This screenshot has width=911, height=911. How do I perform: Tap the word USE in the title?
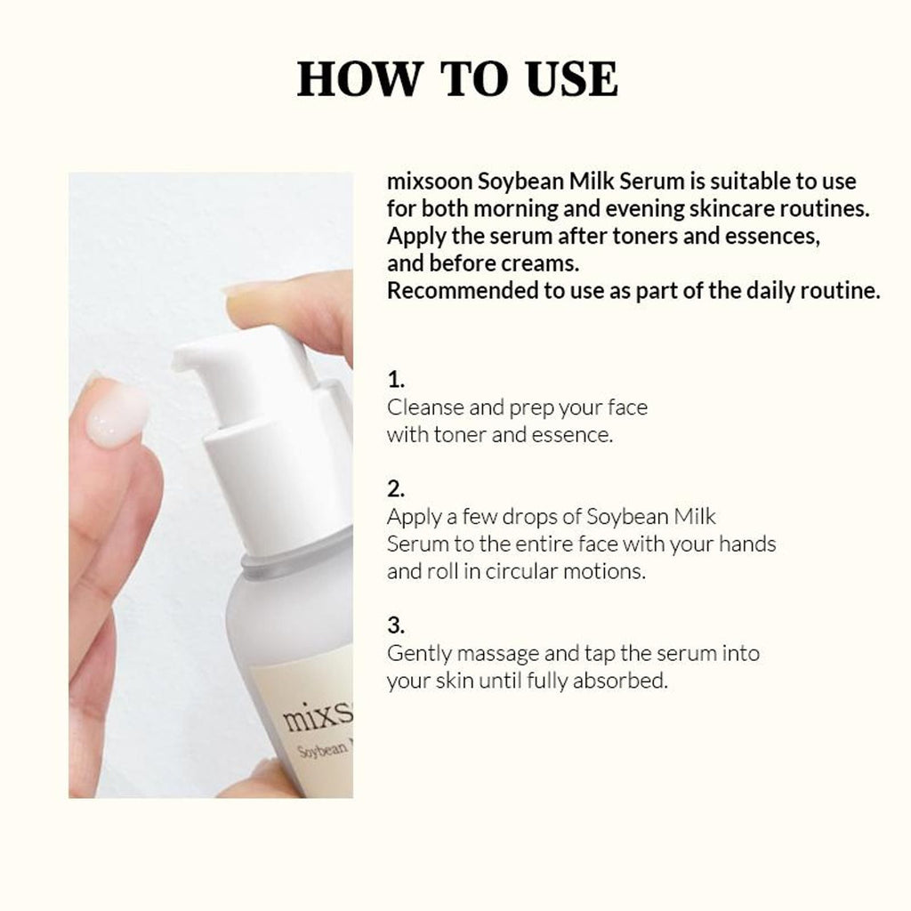pos(571,78)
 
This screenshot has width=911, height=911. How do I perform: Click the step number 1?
pos(396,380)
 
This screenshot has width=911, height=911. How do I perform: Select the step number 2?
pos(396,489)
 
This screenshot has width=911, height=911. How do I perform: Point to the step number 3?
pos(396,625)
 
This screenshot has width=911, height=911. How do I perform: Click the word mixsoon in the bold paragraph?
pos(430,181)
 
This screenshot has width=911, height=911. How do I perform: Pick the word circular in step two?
pos(521,571)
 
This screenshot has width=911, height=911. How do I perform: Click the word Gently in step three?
pos(420,654)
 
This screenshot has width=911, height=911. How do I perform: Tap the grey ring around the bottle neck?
pos(296,559)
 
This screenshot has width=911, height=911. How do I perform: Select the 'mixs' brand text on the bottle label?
pos(318,715)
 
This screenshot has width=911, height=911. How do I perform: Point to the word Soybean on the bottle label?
pos(323,749)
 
